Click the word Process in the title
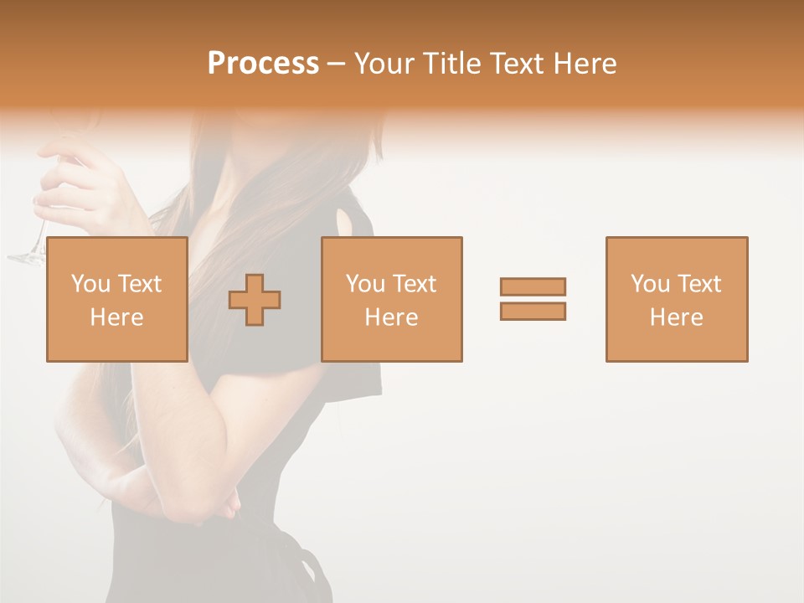263,64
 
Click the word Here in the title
584,64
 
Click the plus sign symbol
255,300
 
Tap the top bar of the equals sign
533,286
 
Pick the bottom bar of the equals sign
533,311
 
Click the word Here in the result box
676,317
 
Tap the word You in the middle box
365,284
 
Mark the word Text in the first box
139,284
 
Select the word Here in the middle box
391,317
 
